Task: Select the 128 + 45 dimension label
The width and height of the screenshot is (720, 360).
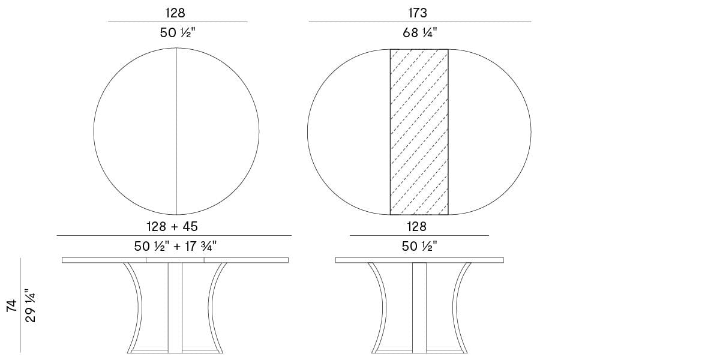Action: click(x=173, y=226)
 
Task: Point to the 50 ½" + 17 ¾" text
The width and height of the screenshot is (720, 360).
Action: click(x=175, y=246)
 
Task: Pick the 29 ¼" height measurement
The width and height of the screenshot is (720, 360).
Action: click(x=31, y=306)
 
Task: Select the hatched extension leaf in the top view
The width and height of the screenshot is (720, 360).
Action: click(x=419, y=132)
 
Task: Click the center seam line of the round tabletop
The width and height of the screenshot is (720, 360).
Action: click(x=176, y=132)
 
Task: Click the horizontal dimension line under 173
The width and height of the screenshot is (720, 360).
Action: click(x=419, y=22)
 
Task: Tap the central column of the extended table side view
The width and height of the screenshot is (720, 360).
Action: click(x=175, y=306)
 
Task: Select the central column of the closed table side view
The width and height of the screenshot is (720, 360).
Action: click(x=419, y=306)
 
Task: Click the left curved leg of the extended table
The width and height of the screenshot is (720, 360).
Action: click(x=136, y=306)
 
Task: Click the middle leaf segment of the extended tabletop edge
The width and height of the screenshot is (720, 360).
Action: click(x=175, y=260)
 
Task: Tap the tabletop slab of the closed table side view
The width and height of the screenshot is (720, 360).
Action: click(x=419, y=260)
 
